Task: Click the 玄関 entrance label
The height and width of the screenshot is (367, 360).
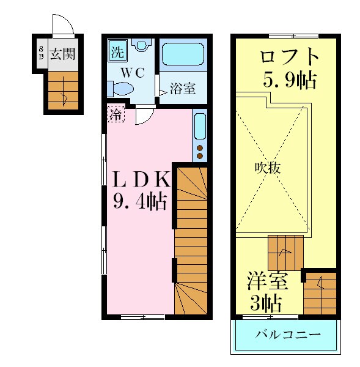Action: point(62,54)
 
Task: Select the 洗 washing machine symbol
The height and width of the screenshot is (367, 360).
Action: point(116,51)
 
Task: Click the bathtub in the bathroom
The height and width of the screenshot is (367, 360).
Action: point(183,55)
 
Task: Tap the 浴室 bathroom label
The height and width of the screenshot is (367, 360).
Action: point(182,89)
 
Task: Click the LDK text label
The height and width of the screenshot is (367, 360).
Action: point(141,179)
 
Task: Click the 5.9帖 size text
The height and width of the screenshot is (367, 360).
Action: point(290,80)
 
